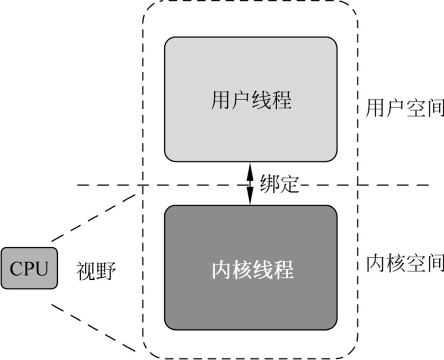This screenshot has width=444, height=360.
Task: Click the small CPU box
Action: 29,268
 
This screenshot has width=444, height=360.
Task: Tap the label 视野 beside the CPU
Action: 96,272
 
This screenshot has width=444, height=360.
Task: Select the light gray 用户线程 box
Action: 250,99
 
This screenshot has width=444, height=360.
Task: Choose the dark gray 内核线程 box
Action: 250,268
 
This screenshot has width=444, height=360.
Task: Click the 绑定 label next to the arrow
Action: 279,184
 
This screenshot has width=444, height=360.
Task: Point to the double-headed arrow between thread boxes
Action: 250,184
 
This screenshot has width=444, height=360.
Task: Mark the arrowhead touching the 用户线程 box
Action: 250,168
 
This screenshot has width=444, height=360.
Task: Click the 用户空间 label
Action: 404,108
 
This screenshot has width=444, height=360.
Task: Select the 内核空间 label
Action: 404,263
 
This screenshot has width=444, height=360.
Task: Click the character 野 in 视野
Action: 106,272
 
